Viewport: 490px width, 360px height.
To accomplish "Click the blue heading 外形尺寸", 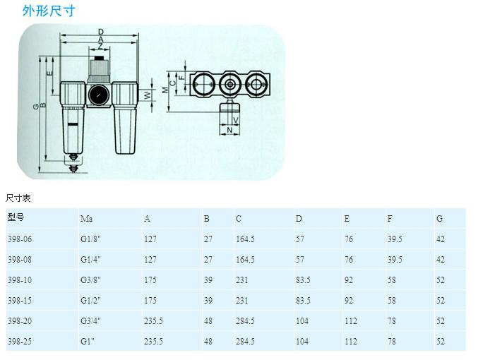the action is pos(49,11).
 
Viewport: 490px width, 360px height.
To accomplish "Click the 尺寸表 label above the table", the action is pos(18,198).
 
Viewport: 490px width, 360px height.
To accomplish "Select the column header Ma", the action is pos(86,218).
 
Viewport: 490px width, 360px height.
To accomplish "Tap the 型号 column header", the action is pos(16,217).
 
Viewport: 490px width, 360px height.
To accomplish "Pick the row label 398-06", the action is pos(20,239).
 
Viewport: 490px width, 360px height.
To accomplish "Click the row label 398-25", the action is pos(20,341).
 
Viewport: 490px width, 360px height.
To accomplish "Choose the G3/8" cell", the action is pos(90,280).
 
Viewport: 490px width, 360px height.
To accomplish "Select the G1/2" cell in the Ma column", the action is pos(90,300).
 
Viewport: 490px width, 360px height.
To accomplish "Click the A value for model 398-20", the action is pos(153,321).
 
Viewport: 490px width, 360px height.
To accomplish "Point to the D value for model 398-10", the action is pos(303,280).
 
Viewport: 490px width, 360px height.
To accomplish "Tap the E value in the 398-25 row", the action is pos(351,341).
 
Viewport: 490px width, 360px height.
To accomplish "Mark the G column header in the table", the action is pos(439,218).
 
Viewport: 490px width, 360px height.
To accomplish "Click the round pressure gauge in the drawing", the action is pos(99,95).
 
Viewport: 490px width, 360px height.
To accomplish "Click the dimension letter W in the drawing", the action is pos(147,95).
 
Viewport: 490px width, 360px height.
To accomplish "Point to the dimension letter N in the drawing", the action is pos(229,130).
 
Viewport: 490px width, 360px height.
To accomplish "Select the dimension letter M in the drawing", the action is pos(165,90).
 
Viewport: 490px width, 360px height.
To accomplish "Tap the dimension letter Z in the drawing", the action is pos(100,47).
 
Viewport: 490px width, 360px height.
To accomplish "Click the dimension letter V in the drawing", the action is pos(236,120).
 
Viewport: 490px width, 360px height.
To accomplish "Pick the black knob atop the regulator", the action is pos(100,58).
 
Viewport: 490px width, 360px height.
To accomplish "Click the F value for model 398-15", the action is pos(392,300).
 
